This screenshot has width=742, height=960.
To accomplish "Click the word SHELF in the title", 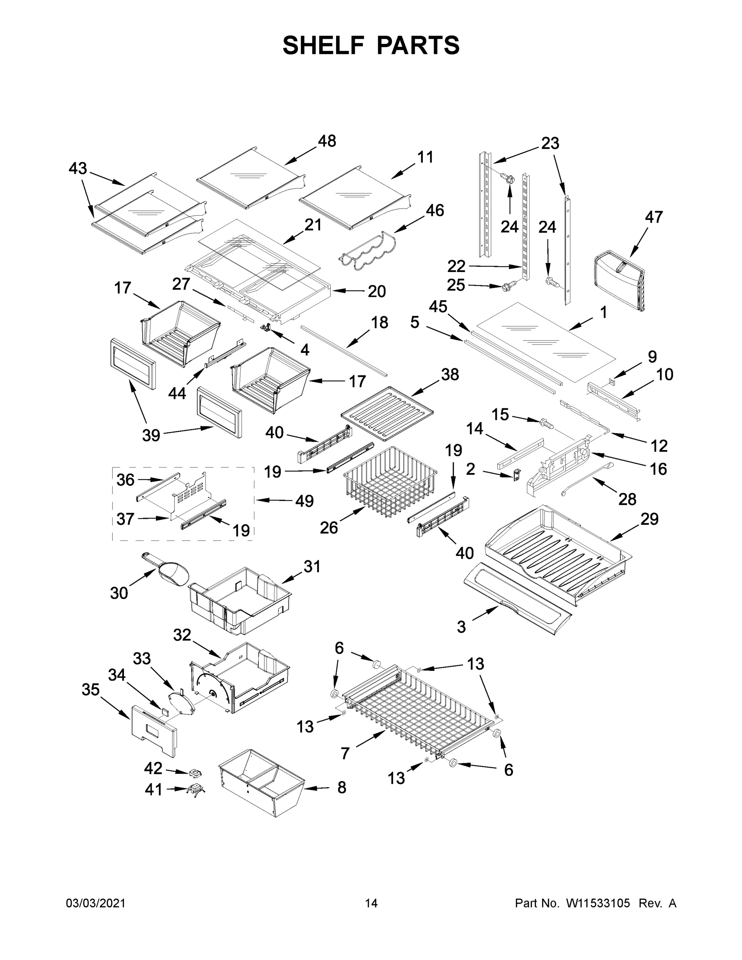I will [323, 45].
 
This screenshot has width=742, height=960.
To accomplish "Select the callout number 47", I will [654, 217].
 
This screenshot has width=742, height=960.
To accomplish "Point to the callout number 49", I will [304, 501].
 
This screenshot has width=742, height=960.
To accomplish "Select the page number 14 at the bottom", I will [371, 904].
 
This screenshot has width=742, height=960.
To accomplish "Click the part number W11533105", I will [598, 904].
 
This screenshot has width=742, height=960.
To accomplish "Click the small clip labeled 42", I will [195, 772].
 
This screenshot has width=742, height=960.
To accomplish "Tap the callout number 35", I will [90, 690].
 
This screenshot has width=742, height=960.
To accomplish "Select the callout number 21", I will [313, 225].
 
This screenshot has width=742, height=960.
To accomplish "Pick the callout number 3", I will [461, 626].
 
